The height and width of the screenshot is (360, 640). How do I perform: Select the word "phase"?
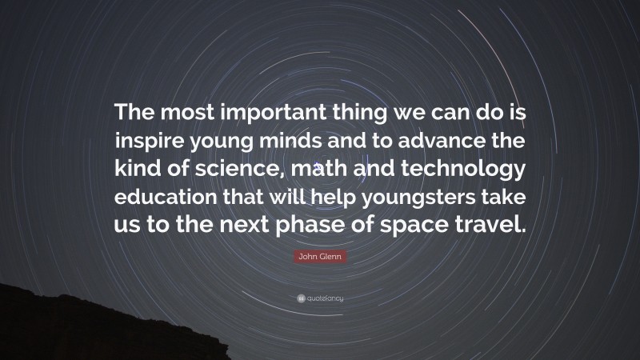(316, 225)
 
